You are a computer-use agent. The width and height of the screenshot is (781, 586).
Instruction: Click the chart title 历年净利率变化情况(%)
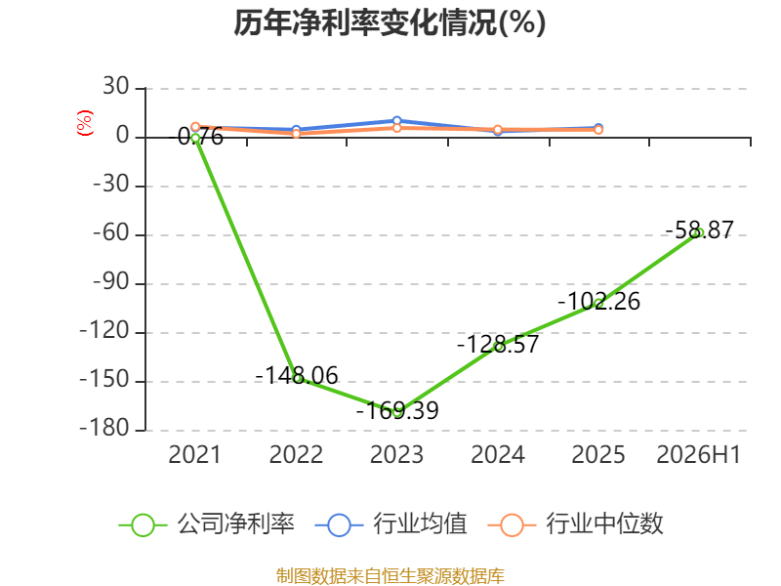coord(390,22)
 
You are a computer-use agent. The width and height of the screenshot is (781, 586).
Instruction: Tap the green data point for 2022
coord(297,379)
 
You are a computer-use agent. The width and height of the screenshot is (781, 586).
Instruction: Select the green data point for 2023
coord(397,412)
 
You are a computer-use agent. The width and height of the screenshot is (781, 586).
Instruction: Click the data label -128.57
coord(498,344)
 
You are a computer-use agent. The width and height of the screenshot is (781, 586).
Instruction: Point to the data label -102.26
coord(598,301)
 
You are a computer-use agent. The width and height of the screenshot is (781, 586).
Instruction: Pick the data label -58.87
coord(699,230)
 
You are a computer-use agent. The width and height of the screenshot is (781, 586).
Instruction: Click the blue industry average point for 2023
coord(397,120)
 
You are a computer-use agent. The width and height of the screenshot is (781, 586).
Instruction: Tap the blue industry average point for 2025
coord(598,128)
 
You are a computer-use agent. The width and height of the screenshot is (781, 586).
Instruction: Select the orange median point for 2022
coord(297,134)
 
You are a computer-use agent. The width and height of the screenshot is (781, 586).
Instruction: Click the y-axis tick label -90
coord(112,282)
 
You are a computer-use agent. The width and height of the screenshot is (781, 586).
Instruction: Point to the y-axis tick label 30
coord(116,87)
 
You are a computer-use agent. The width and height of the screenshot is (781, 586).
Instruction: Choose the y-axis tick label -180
coord(105,429)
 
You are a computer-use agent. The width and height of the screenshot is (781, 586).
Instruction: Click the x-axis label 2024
coord(498,454)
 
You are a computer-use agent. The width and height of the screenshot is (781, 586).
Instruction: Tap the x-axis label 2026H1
coord(699,454)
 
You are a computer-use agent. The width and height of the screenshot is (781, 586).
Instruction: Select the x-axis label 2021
coord(194,454)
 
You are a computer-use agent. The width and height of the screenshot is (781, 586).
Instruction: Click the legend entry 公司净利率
coord(207,524)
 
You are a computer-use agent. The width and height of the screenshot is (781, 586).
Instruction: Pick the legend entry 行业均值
coord(391,524)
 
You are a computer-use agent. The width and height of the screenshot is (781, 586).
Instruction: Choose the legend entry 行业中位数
coord(575,524)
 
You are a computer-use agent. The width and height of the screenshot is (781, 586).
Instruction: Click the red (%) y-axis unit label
coord(85,123)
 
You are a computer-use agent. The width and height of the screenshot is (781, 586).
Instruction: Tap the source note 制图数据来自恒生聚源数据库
coord(390,576)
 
